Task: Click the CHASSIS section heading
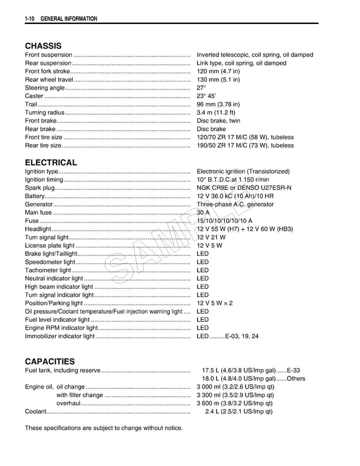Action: [43, 46]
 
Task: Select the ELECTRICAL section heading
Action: [51, 162]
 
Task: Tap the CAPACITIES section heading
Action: [50, 362]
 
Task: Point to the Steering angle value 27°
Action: [202, 88]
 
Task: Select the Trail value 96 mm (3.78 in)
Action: [218, 104]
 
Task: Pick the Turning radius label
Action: [44, 112]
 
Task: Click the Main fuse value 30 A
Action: [203, 213]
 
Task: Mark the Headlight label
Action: [38, 229]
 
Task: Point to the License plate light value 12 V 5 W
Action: [209, 245]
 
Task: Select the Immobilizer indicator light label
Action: [60, 336]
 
